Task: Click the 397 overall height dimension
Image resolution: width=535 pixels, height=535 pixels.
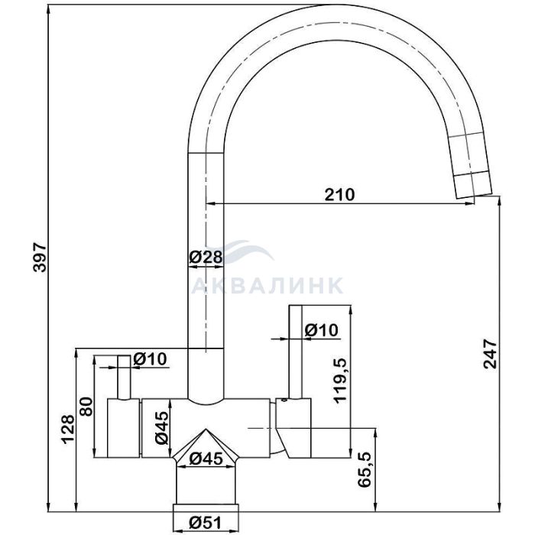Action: (x=40, y=258)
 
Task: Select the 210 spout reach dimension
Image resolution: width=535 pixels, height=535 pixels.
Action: (x=339, y=194)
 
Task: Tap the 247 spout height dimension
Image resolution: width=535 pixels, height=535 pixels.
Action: (x=491, y=353)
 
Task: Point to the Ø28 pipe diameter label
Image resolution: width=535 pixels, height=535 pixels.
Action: (x=206, y=257)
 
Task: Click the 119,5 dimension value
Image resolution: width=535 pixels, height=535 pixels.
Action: (x=340, y=381)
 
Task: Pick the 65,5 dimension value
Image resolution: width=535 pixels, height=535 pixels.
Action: (x=365, y=470)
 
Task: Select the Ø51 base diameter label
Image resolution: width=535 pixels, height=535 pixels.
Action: (x=206, y=522)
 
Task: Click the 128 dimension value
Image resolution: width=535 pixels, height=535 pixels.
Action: (x=67, y=430)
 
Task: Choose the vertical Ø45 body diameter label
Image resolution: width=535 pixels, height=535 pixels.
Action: (x=162, y=428)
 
